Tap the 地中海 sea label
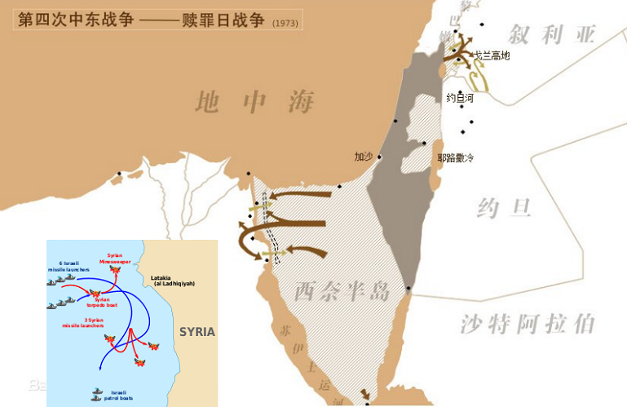pyautogui.click(x=254, y=102)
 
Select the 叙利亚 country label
pyautogui.click(x=552, y=34)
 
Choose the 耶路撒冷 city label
pyautogui.click(x=455, y=158)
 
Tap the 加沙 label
pyautogui.click(x=364, y=156)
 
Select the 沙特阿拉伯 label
pyautogui.click(x=527, y=324)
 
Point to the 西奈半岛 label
pyautogui.click(x=342, y=290)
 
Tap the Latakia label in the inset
pyautogui.click(x=173, y=280)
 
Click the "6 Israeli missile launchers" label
pyautogui.click(x=71, y=267)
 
